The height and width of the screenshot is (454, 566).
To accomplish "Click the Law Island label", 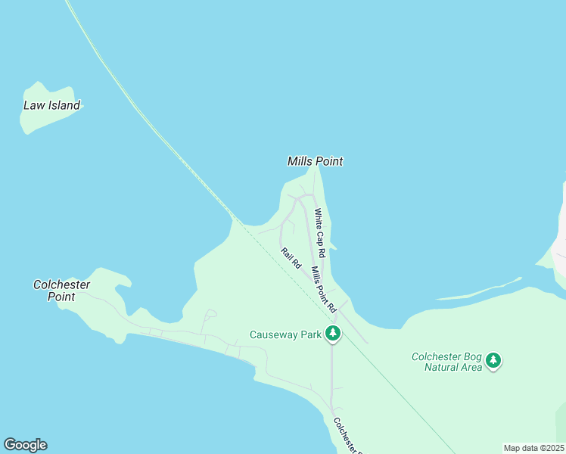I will (x=51, y=106).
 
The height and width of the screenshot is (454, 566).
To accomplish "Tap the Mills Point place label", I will (x=315, y=161).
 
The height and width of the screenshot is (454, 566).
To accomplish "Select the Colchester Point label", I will (x=61, y=291).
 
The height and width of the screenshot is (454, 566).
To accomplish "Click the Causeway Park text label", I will (x=286, y=334).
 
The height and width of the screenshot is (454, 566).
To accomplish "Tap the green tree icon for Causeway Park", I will (x=332, y=334).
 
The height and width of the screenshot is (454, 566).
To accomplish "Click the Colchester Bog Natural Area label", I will (x=446, y=362).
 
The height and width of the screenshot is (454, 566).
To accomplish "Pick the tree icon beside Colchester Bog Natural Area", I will (x=494, y=360).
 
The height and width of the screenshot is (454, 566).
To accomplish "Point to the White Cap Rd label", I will (x=320, y=232).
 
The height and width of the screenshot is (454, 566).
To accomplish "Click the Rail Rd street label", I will (x=291, y=259).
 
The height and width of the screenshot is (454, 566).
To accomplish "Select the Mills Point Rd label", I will (x=323, y=289).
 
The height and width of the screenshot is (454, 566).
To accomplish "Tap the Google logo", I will (x=25, y=445).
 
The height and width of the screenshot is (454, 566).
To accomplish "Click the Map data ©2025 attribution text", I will (x=533, y=448).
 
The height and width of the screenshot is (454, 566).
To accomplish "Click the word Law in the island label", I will (x=34, y=106).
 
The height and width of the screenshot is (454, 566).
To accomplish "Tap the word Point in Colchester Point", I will (x=61, y=297).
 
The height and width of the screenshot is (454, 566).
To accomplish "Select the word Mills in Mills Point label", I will (x=300, y=161).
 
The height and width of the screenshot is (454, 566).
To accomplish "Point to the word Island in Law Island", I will (x=64, y=106).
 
